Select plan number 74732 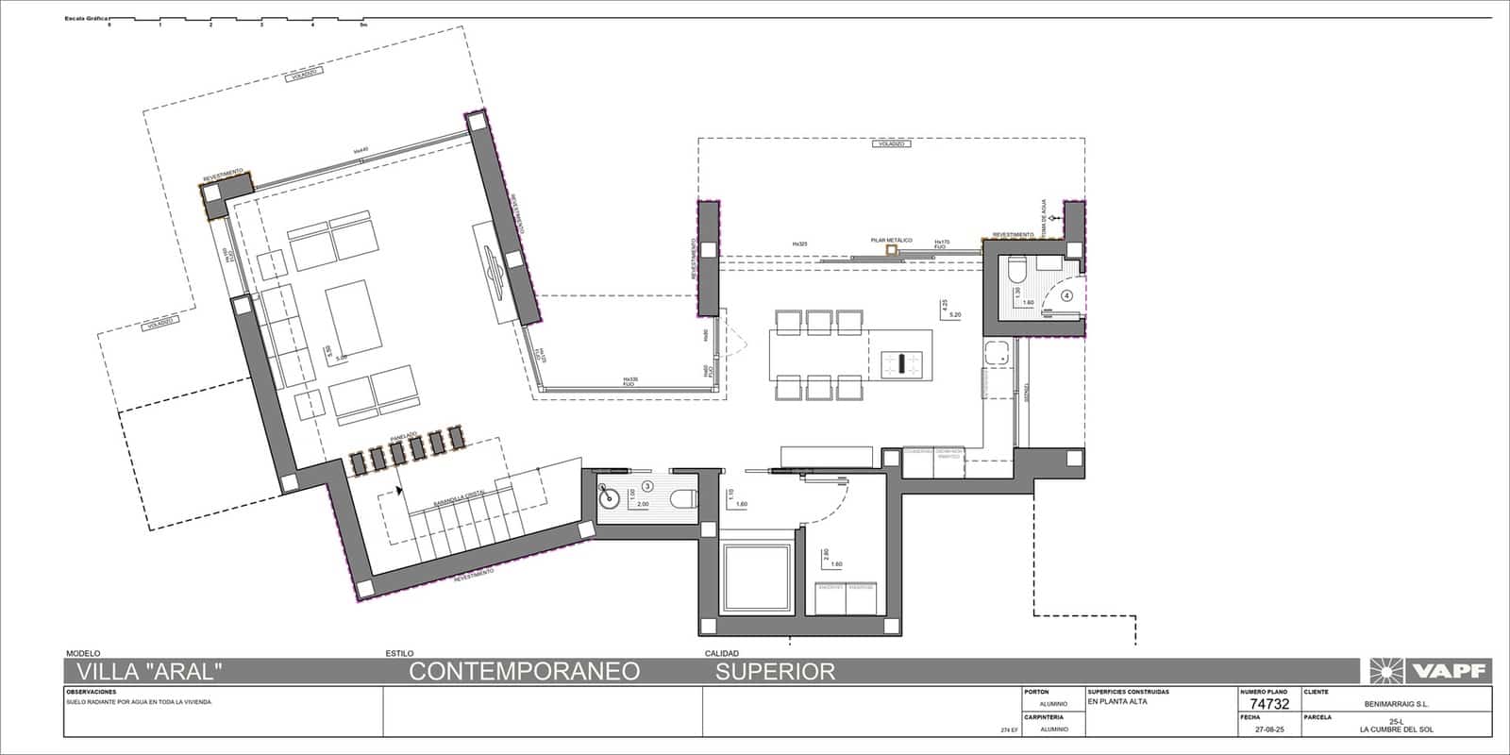[x=1268, y=704]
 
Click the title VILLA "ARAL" [x=149, y=671]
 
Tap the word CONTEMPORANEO [x=524, y=671]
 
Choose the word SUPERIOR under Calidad [x=775, y=671]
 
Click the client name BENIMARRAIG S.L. [x=1397, y=703]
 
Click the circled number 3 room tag [x=647, y=486]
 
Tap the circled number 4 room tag [x=1067, y=294]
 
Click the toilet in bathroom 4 [x=1015, y=272]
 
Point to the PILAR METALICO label [x=892, y=241]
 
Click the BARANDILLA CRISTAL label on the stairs [x=459, y=501]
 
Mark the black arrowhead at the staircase [x=400, y=490]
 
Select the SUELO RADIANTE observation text [x=138, y=703]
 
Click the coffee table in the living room [x=354, y=320]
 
